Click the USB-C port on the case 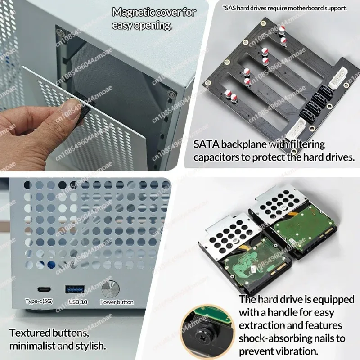44,289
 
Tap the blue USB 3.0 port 75,289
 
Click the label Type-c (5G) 39,301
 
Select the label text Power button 117,302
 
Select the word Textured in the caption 30,333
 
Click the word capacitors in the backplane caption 216,157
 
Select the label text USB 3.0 78,301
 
